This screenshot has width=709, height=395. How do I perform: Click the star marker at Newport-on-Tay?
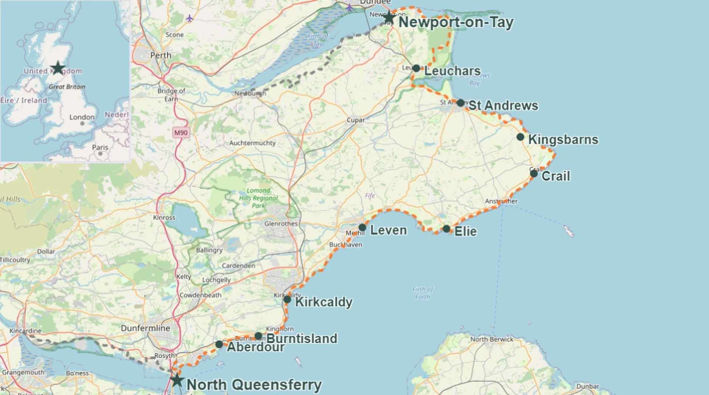coord(389,17)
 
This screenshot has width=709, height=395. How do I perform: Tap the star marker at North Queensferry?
coord(177,380)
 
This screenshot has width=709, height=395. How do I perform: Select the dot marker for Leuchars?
coord(416,68)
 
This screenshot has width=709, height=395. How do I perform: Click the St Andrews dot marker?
coord(460,103)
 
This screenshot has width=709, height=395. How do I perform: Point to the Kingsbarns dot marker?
coord(520,137)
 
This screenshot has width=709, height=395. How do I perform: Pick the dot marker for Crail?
coord(534,174)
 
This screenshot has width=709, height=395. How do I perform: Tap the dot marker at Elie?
coord(446,229)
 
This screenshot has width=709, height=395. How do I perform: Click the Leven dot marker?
coord(362,227)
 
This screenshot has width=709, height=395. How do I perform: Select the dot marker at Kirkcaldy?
coord(287,299)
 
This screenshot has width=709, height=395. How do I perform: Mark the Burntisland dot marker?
coord(258,336)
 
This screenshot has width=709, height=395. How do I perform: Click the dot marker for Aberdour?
coord(219,344)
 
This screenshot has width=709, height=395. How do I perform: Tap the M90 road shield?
coord(181,133)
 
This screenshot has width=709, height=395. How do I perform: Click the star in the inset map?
coord(58,68)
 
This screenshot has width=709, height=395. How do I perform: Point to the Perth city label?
coord(161,55)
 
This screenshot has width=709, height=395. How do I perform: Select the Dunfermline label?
coord(145,328)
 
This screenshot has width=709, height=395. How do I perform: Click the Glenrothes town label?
coord(281,224)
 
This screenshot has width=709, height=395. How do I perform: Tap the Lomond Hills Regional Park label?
coord(258,198)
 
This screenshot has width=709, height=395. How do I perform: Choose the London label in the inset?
coord(82,117)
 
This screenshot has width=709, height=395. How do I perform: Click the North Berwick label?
coord(491,339)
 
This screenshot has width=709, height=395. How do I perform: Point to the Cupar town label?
coord(356,120)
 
